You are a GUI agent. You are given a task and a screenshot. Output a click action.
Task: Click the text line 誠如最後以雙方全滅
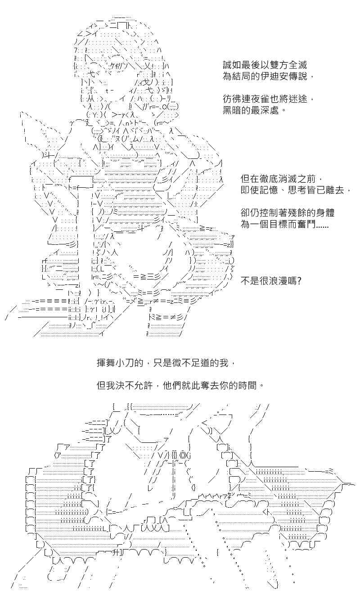[265, 65]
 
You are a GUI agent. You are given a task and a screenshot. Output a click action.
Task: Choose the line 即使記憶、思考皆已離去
[296, 190]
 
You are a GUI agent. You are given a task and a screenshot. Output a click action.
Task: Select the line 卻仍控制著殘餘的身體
[288, 213]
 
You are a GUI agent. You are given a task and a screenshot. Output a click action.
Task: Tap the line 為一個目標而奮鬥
[284, 224]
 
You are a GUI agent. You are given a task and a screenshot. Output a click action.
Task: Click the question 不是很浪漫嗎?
[271, 281]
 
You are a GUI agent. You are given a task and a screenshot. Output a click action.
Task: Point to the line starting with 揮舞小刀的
[166, 363]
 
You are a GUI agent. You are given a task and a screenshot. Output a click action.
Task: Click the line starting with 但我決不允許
[180, 385]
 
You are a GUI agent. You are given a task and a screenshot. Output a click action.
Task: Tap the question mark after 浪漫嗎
[299, 281]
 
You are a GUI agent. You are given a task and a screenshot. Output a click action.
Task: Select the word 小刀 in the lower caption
[125, 363]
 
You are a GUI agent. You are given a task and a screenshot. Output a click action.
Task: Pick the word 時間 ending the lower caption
[247, 385]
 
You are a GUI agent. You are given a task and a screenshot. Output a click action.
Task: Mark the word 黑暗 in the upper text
[232, 110]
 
